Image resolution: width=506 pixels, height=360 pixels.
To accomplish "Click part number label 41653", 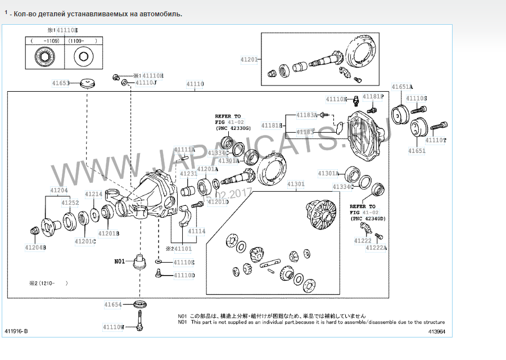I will [x=61, y=83].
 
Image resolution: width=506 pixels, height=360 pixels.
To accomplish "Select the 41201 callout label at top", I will [x=249, y=60].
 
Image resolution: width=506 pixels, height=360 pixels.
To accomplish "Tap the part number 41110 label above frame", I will [x=195, y=84].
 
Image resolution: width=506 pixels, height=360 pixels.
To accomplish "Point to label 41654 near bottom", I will [x=112, y=304].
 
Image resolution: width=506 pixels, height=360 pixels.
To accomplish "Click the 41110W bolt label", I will [x=114, y=326].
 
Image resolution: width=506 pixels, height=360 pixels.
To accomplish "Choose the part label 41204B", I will [x=35, y=247].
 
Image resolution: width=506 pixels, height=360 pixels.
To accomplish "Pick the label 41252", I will [x=70, y=202].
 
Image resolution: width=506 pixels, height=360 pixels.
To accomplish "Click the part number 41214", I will [x=93, y=194].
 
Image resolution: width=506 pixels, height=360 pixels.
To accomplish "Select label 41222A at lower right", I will [x=376, y=247].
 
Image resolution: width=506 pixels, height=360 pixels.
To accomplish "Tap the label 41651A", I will [x=403, y=87].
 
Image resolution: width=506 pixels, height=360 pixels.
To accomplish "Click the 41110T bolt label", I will [x=436, y=140].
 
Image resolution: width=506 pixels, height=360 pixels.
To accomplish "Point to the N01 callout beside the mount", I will [x=119, y=261].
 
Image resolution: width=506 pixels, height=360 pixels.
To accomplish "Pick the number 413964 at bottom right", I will [x=436, y=332].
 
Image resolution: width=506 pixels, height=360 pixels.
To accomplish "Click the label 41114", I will [x=197, y=231].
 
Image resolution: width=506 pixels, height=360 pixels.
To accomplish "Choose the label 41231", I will [x=188, y=174].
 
